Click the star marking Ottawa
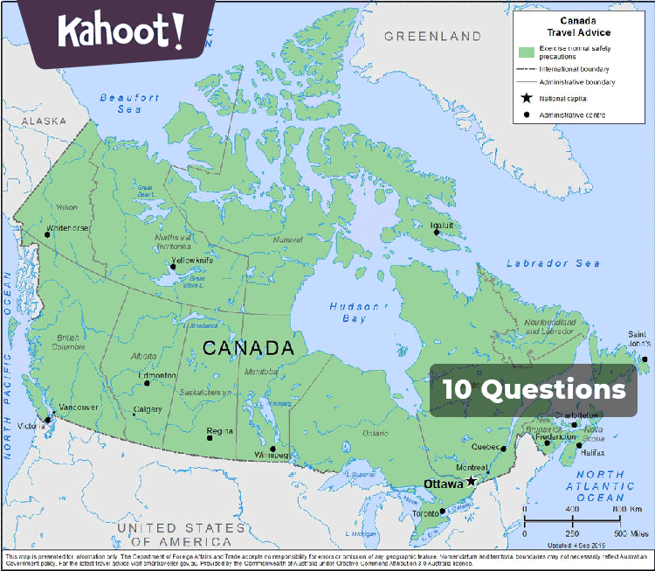coord(471,481)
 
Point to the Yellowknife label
coord(197,261)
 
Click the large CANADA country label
coord(248,348)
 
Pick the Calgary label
coord(148,409)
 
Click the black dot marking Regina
coord(209,436)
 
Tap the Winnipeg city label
coord(271,456)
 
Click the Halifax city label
coord(592,453)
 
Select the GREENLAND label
coord(432,36)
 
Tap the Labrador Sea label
coord(553,263)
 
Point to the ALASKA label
coord(44,121)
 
